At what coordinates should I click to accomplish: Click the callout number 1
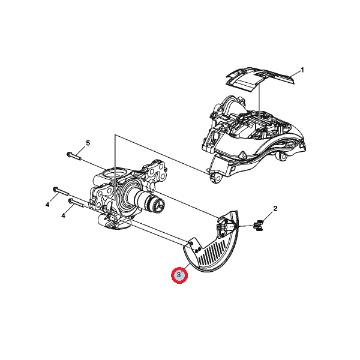click(302, 70)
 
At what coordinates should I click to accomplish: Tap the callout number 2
click(275, 208)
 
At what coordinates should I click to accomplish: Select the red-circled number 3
click(179, 275)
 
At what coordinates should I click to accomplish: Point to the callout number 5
click(88, 143)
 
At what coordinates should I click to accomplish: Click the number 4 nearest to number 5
click(47, 205)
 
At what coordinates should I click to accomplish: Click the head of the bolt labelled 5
click(69, 154)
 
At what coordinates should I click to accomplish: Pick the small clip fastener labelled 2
click(259, 226)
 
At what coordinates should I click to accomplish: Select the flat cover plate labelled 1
click(260, 79)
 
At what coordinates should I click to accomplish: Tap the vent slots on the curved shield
click(213, 253)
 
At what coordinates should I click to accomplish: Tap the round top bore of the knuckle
click(114, 174)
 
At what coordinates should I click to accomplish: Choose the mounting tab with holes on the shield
click(194, 246)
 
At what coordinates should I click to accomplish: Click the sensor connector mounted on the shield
click(221, 227)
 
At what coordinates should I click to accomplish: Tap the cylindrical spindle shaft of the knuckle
click(145, 198)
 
